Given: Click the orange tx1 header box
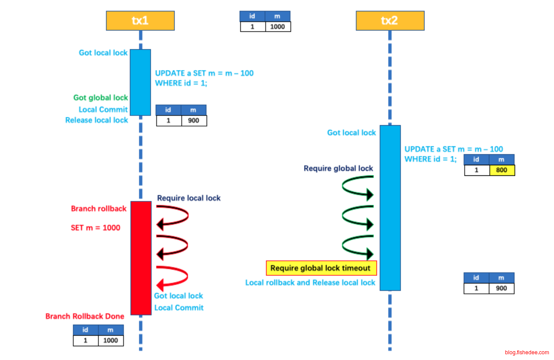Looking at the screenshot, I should (140, 21).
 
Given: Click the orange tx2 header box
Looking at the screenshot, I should (390, 21).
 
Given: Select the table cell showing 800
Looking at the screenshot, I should (502, 170).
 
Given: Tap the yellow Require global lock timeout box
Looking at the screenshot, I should (321, 268).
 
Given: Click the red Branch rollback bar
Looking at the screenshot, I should (141, 258).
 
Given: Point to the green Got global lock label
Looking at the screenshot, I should (101, 98).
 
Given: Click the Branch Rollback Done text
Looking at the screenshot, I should (85, 316).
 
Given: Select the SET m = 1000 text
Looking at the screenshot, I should (96, 228).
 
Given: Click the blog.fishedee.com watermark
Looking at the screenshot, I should (527, 353).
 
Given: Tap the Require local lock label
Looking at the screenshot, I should (189, 198).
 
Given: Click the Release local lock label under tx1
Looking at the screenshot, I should (97, 120).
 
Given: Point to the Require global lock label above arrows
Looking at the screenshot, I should (338, 168).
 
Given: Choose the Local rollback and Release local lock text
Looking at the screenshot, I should (310, 283).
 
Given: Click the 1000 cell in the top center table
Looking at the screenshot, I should (278, 26).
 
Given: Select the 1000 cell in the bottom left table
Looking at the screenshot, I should (111, 340).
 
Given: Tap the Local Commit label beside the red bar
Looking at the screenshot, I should (179, 308).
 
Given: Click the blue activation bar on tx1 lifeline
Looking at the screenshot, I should (140, 82).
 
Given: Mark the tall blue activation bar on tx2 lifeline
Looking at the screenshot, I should (390, 207).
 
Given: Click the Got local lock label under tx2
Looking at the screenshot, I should (351, 133).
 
